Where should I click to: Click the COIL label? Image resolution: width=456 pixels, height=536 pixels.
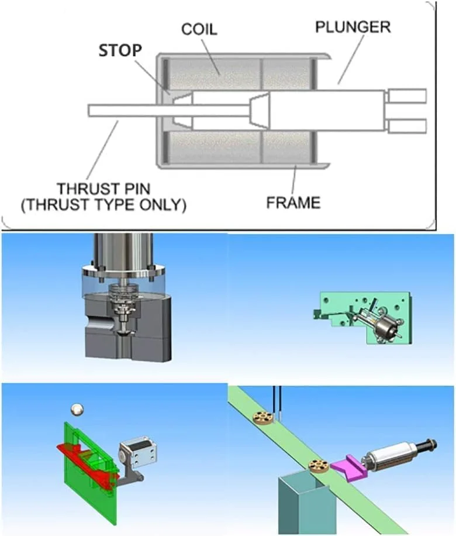(x=199, y=29)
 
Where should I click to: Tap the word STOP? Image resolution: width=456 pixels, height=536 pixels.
(x=120, y=50)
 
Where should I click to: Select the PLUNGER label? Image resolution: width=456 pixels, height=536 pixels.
(x=353, y=27)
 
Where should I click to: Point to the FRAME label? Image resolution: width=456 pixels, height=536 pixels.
(x=293, y=202)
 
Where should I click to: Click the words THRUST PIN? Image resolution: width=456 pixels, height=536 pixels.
(x=103, y=188)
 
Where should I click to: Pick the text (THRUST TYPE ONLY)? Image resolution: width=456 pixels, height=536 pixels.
(x=103, y=205)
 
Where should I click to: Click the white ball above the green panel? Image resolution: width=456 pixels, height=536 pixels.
(x=77, y=410)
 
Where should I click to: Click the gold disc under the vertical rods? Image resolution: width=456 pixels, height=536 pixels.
(x=262, y=417)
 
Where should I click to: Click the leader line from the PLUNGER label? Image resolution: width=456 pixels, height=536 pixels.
(x=351, y=59)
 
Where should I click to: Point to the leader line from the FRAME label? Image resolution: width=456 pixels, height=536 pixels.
(x=294, y=180)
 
